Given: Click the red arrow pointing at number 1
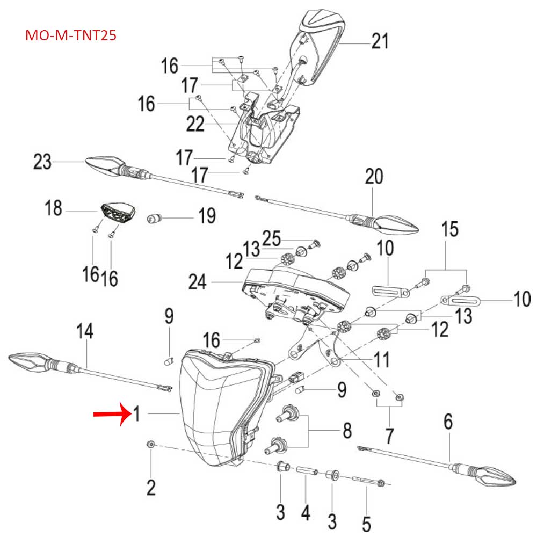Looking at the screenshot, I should tap(111, 415).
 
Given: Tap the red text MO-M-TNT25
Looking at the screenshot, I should tap(71, 37).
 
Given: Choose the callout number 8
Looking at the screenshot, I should tap(347, 431).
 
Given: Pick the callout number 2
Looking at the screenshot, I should tap(151, 488).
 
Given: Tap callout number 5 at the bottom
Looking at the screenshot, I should tap(366, 522).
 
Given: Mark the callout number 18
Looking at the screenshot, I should tap(54, 208).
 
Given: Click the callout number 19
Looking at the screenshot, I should tap(206, 217).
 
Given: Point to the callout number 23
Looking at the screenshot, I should tap(42, 162).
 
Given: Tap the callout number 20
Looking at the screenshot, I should tap(374, 176).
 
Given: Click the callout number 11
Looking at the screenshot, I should tap(381, 360).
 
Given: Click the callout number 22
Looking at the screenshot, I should tap(195, 124).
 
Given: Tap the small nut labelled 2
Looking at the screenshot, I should tap(151, 445).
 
